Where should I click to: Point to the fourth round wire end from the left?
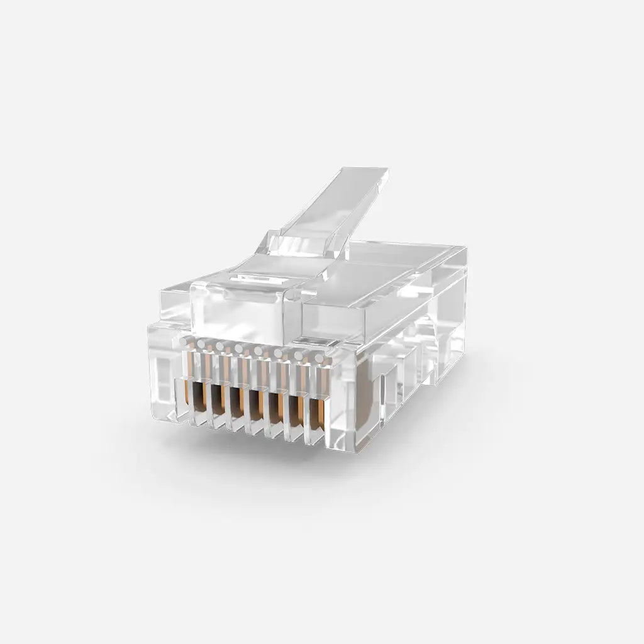pos(240,348)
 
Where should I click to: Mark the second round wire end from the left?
pos(203,343)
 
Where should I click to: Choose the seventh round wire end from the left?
pos(298,356)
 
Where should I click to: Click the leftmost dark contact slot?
pos(199,397)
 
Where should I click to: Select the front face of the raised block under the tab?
pos(242,311)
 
